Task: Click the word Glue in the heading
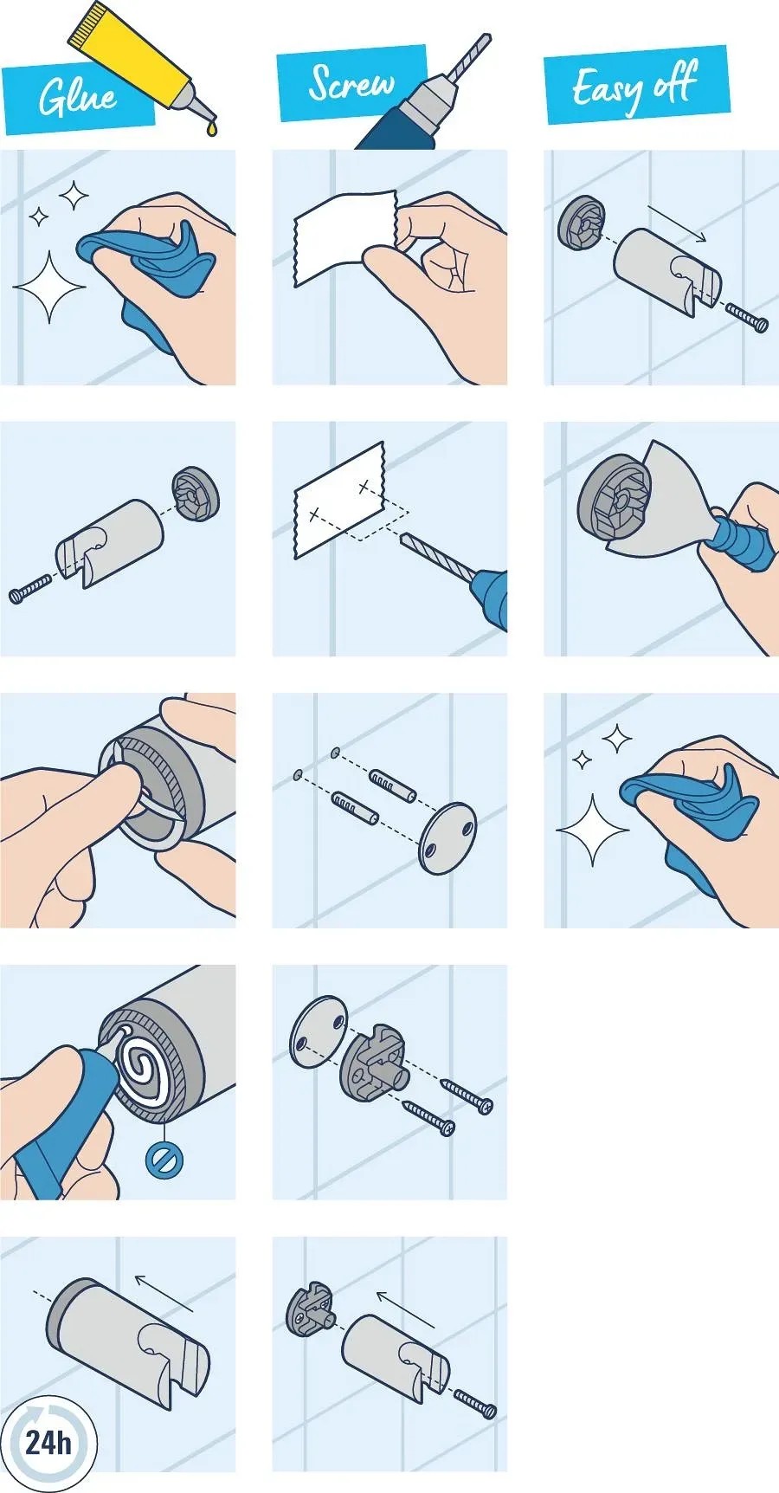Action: (x=78, y=96)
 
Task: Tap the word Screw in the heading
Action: (x=351, y=82)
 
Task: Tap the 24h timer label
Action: (x=48, y=1442)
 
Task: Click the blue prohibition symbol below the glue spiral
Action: (x=164, y=1160)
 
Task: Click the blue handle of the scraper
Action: (x=741, y=541)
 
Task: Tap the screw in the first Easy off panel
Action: (x=745, y=316)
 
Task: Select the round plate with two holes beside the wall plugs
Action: (x=447, y=837)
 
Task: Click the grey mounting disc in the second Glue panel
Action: (x=196, y=494)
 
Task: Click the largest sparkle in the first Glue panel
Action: (x=49, y=287)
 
